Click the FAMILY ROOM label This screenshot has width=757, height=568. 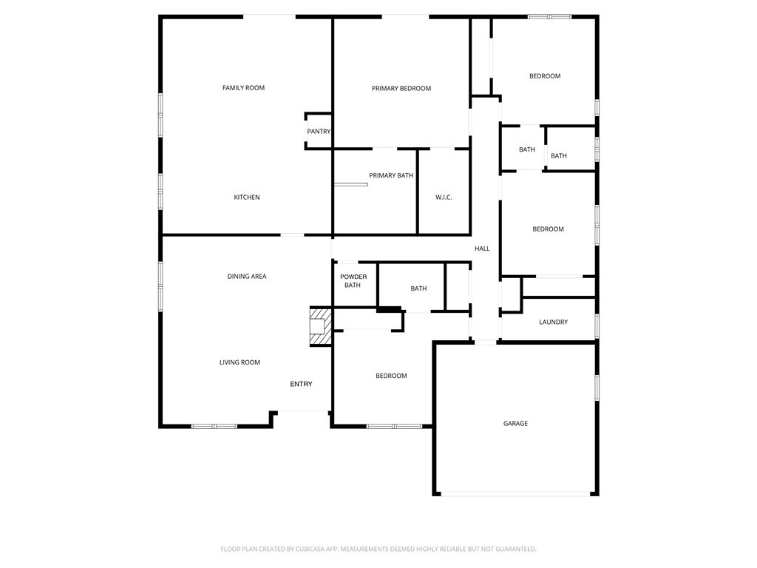click(x=243, y=88)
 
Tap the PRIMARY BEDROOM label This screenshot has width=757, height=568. click(x=401, y=89)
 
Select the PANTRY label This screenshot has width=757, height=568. click(x=319, y=132)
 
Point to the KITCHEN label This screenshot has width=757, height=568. click(x=247, y=197)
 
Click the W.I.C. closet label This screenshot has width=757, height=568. click(x=444, y=197)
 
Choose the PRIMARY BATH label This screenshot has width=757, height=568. click(x=391, y=176)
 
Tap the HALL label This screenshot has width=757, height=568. click(x=482, y=248)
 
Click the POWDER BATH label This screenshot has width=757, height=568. click(x=353, y=281)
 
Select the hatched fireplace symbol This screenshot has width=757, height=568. click(x=319, y=325)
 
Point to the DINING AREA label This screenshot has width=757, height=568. click(x=247, y=277)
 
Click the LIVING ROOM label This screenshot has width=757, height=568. click(x=240, y=362)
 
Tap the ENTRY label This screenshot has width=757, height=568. click(x=301, y=384)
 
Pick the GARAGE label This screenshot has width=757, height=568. click(x=515, y=424)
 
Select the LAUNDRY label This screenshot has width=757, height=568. click(x=553, y=322)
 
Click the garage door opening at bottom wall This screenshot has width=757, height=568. click(x=515, y=493)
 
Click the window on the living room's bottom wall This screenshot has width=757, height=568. click(x=214, y=426)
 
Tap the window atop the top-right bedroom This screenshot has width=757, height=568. click(x=549, y=16)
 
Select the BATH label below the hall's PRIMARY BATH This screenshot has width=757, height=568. click(x=418, y=288)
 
